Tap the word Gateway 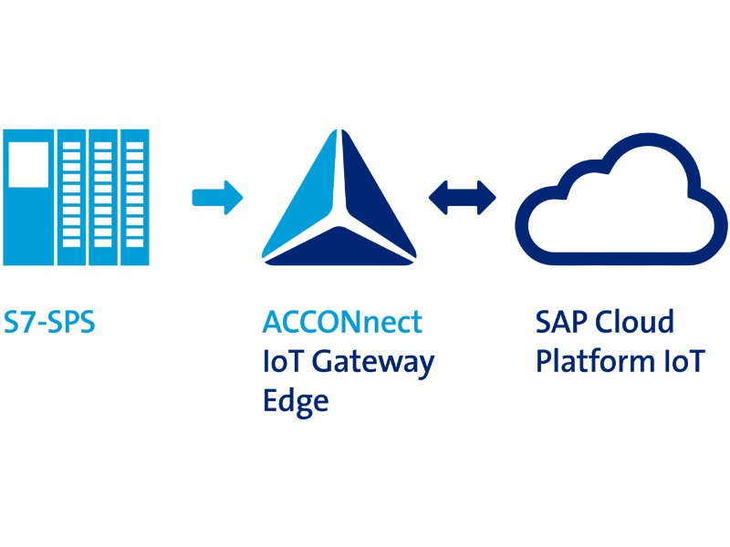373,362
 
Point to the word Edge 295,400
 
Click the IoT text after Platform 682,361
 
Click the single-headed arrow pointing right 217,196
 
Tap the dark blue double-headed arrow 463,195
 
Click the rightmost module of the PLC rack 135,197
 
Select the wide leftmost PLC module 28,197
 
